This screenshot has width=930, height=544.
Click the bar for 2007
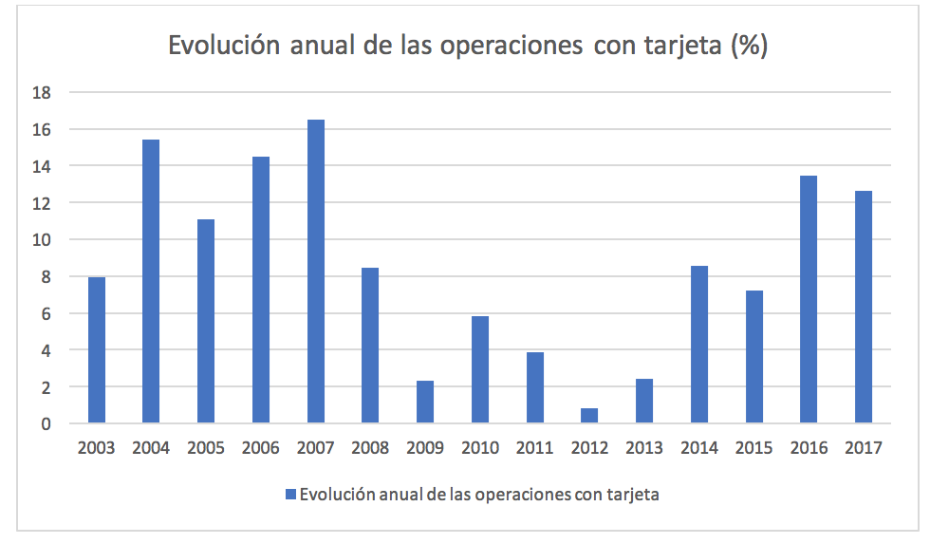(x=315, y=272)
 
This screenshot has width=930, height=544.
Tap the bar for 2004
(x=151, y=281)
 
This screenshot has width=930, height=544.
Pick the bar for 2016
(x=808, y=299)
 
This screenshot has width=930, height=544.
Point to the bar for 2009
(x=424, y=402)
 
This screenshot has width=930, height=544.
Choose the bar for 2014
(x=698, y=345)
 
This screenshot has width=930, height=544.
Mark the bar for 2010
(x=479, y=369)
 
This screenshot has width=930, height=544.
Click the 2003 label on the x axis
(x=96, y=448)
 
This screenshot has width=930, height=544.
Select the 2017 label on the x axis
(x=863, y=448)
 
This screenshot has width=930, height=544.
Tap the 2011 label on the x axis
(x=534, y=448)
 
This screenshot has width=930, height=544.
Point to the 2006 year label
(x=260, y=448)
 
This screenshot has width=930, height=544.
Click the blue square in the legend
(x=290, y=495)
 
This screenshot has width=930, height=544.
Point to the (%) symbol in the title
(x=748, y=47)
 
